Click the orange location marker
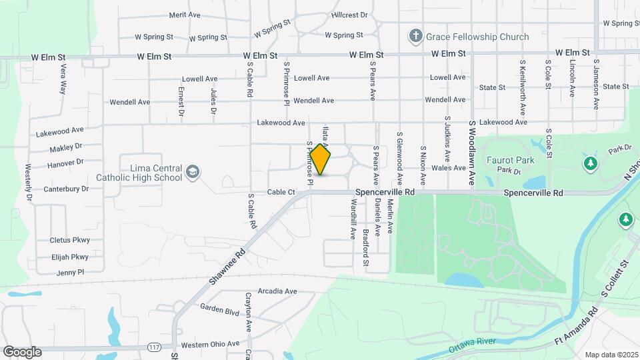pos(321,159)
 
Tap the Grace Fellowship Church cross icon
pos(415,35)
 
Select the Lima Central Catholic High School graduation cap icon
pos(193,172)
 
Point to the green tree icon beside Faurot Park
pos(589,163)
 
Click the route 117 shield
pos(155,347)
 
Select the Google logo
pos(22,351)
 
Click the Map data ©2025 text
pos(611,355)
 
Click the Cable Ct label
pos(281,192)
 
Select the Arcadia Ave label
pos(277,291)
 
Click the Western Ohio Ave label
pos(209,344)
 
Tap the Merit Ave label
pos(185,15)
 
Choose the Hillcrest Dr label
pos(349,15)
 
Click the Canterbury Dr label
pos(66,189)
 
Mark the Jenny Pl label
pos(71,272)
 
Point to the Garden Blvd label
pos(219,311)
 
